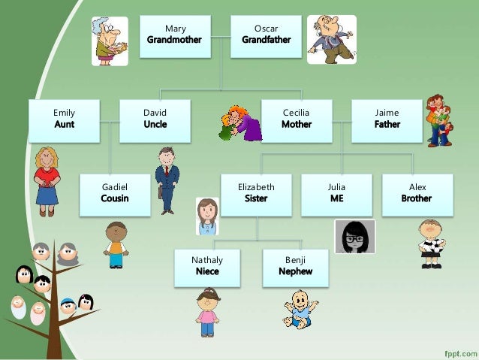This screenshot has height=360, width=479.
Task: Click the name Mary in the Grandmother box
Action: [x=175, y=29]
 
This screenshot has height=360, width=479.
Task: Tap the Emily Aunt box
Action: [x=65, y=120]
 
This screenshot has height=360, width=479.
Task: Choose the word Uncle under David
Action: [x=155, y=124]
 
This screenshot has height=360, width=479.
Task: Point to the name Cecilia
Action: [x=296, y=113]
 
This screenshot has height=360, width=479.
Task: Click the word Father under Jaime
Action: [x=387, y=124]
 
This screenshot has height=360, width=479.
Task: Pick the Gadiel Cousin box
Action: [x=115, y=195]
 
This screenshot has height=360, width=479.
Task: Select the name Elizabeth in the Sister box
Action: [x=256, y=187]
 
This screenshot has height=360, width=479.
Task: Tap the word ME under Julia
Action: [x=336, y=198]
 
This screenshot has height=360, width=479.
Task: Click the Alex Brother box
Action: [x=417, y=195]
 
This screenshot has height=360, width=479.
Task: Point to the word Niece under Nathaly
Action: [x=207, y=271]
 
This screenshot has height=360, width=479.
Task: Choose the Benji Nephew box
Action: [x=295, y=268]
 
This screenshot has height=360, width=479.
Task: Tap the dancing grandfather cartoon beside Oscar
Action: [x=331, y=38]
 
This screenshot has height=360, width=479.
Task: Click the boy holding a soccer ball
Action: [x=430, y=243]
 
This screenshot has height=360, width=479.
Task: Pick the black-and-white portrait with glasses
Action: [x=354, y=237]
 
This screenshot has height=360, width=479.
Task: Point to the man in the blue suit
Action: [x=167, y=180]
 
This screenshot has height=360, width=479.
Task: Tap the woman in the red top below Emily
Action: [x=47, y=180]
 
